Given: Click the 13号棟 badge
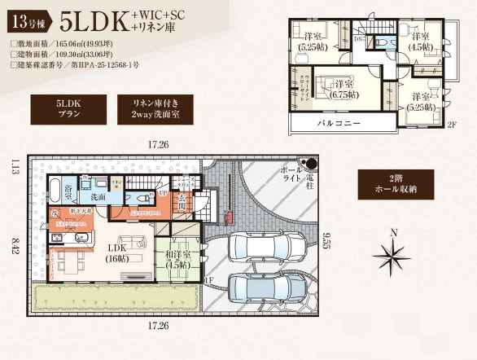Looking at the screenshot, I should pyautogui.click(x=27, y=17).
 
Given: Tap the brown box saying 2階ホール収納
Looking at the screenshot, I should pyautogui.click(x=396, y=186).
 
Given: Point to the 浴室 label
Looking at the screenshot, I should pyautogui.click(x=69, y=193).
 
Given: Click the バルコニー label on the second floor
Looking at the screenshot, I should pyautogui.click(x=337, y=122).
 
